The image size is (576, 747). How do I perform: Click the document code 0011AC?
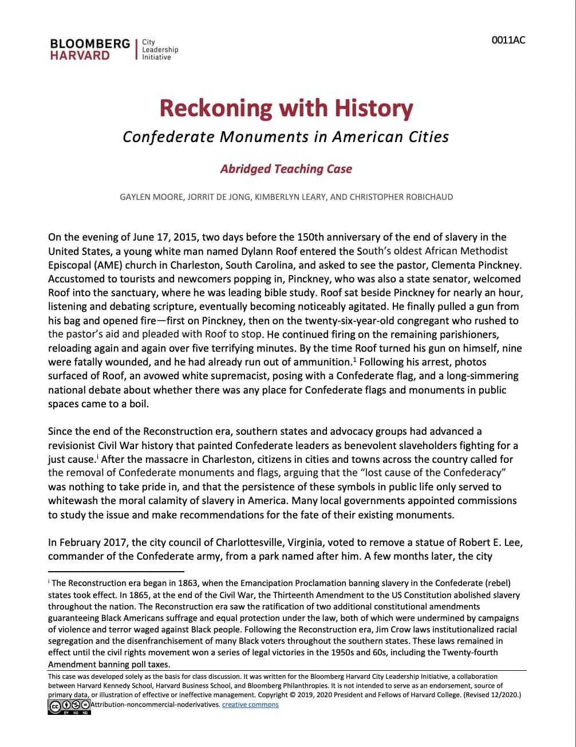[508, 40]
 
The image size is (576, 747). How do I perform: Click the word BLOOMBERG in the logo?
[90, 44]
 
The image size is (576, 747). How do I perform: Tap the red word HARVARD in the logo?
[80, 56]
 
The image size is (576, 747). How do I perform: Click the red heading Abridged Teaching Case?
[286, 169]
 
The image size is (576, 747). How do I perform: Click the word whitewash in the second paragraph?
[72, 501]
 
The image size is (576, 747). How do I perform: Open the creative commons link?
[250, 705]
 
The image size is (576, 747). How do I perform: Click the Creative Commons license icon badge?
[69, 706]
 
